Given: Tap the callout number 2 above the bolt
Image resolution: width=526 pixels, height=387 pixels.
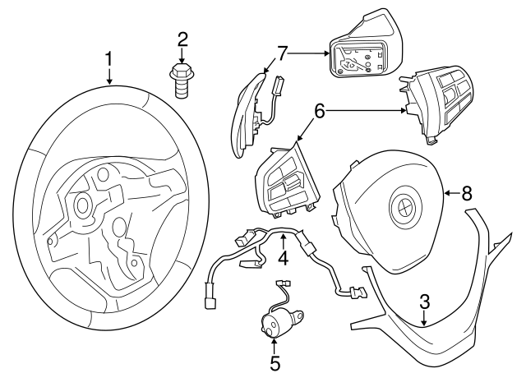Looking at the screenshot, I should (182, 39).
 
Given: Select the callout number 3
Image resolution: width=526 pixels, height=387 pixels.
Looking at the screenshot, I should (424, 301).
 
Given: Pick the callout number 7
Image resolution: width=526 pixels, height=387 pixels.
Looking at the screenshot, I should (282, 53).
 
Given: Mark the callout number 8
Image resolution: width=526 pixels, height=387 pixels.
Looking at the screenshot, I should (466, 194).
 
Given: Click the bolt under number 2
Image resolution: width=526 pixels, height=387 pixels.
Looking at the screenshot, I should (182, 81).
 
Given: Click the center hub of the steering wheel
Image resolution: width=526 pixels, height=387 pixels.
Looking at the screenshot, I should (84, 205).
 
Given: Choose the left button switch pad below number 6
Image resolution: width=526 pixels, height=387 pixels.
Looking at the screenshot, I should (284, 185).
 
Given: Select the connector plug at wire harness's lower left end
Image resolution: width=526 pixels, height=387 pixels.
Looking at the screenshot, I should (209, 303).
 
